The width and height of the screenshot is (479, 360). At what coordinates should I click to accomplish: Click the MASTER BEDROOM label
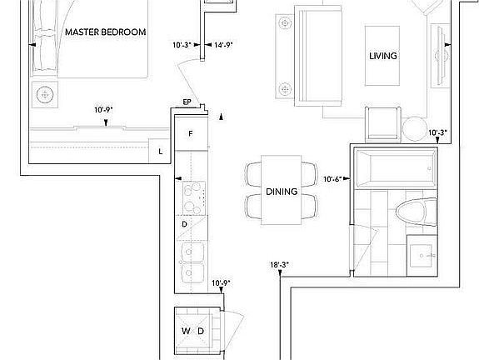tap(106, 32)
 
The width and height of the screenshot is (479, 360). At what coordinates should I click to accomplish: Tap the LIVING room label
tap(383, 56)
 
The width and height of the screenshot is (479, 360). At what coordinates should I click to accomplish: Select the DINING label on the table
tap(282, 192)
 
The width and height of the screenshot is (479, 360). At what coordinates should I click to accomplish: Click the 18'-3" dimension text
tap(279, 265)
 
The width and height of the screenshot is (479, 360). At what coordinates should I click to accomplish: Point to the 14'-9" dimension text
tap(223, 45)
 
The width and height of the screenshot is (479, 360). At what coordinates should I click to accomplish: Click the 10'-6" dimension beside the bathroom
tap(332, 179)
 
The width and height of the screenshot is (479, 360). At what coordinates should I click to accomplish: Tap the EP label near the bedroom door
tap(187, 102)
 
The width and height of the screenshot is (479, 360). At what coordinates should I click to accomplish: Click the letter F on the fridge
tap(191, 133)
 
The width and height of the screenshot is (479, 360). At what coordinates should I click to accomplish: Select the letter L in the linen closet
tap(161, 152)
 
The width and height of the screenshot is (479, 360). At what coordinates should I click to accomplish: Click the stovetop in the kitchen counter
tap(194, 198)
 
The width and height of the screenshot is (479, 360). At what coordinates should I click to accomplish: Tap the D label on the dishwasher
tap(184, 224)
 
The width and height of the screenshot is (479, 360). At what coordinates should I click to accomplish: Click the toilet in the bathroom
tap(417, 212)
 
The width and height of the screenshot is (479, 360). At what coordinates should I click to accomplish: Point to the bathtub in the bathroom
tap(396, 168)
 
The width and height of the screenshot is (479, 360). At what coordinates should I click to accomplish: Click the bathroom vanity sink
tap(422, 256)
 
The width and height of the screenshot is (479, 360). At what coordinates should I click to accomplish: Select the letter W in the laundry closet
tap(186, 331)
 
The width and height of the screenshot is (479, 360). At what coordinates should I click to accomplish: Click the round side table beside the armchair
tap(415, 129)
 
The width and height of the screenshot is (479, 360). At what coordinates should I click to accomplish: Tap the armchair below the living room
tap(383, 125)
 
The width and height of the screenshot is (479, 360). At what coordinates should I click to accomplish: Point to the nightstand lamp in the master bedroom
tap(45, 94)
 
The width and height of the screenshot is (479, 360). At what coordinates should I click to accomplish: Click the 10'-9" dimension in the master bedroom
tap(103, 110)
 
